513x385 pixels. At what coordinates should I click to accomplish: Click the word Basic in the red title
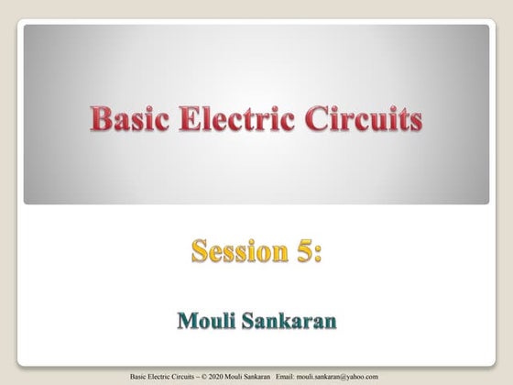click(x=127, y=118)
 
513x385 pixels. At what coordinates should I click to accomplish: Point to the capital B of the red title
click(x=100, y=118)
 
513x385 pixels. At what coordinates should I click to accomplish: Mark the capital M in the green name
click(x=185, y=322)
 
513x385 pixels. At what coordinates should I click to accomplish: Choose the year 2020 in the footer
click(x=213, y=376)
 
